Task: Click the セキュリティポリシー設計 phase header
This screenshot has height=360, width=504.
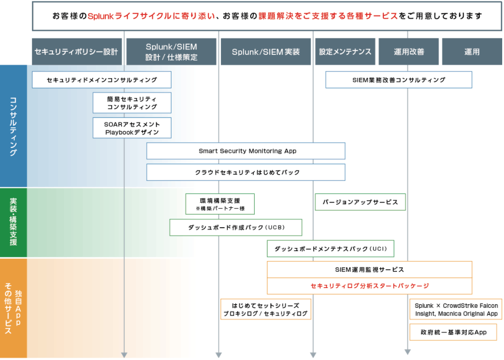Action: tap(77, 52)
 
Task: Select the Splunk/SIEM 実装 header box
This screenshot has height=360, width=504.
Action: tap(266, 52)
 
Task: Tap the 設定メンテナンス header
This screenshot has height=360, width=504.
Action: tap(345, 52)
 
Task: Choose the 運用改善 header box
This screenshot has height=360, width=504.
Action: tap(409, 52)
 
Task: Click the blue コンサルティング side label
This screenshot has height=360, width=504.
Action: tap(13, 126)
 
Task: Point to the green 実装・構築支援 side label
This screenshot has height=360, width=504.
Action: tap(13, 222)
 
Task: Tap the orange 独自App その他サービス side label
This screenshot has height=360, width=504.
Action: tap(13, 308)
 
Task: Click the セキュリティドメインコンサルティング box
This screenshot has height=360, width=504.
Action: tap(102, 80)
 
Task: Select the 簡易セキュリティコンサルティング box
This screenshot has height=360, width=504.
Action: tap(132, 103)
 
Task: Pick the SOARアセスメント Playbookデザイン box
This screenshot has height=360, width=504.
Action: tap(132, 128)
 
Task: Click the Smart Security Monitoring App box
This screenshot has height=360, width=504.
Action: tap(246, 151)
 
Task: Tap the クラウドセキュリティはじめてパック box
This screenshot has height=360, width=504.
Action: tap(246, 172)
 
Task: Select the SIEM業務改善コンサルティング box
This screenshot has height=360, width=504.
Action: tap(399, 80)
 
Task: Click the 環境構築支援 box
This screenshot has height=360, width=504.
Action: tap(220, 204)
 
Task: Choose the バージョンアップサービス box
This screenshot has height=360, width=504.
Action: tap(360, 202)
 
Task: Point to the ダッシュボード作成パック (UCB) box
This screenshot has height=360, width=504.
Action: tap(236, 227)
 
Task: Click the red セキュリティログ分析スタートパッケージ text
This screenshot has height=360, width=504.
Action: tap(369, 286)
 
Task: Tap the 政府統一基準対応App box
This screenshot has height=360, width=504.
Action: tap(453, 332)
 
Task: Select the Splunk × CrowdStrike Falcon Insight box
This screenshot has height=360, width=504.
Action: tap(456, 309)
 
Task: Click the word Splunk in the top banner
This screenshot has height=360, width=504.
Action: tap(101, 16)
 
